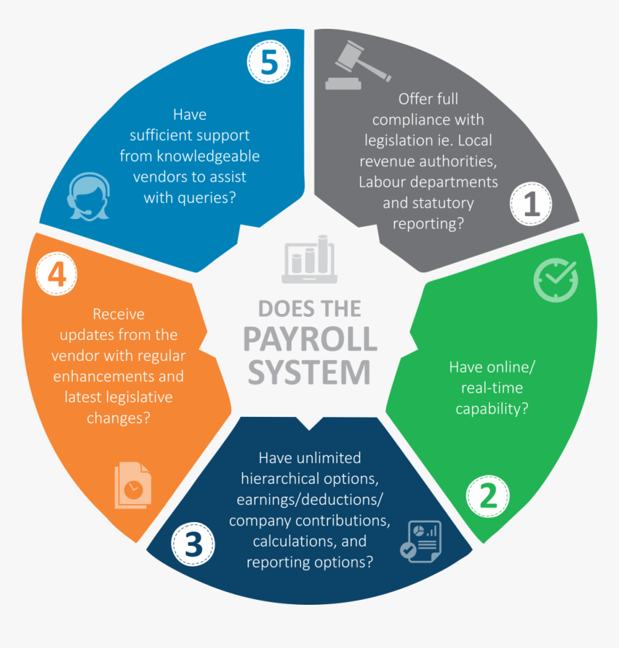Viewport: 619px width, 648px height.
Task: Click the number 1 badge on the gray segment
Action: pyautogui.click(x=531, y=204)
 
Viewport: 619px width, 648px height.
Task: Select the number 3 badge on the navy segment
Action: pyautogui.click(x=193, y=544)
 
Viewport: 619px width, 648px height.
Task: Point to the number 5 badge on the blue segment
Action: pyautogui.click(x=268, y=63)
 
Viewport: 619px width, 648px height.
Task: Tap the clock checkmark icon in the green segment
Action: pyautogui.click(x=555, y=279)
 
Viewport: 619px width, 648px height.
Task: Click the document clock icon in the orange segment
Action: pyautogui.click(x=132, y=486)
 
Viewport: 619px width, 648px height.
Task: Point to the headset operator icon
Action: pyautogui.click(x=89, y=197)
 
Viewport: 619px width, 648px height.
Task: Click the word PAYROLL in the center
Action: pyautogui.click(x=309, y=339)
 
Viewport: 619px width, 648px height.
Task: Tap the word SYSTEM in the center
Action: pyautogui.click(x=309, y=372)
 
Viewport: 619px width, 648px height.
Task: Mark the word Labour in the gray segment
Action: pyautogui.click(x=382, y=182)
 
